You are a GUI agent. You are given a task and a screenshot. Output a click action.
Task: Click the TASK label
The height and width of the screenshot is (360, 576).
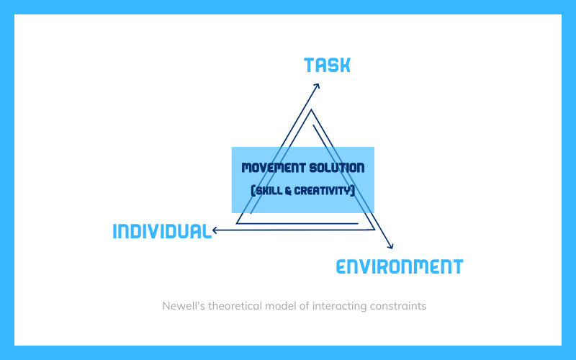click(328, 65)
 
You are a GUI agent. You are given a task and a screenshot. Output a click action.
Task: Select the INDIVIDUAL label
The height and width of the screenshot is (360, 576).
click(162, 231)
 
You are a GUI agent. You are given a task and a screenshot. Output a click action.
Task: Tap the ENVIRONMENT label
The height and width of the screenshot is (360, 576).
click(400, 266)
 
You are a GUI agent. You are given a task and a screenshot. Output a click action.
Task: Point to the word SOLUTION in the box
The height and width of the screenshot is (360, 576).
click(337, 168)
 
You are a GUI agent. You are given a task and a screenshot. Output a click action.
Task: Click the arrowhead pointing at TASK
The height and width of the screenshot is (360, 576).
click(317, 86)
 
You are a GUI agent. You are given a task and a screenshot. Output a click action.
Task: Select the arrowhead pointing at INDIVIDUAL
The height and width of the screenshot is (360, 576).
click(215, 230)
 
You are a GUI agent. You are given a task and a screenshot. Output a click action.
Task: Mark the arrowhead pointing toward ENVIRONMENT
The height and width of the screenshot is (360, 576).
click(391, 246)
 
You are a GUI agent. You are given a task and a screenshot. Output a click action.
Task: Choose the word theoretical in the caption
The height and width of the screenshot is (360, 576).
click(235, 306)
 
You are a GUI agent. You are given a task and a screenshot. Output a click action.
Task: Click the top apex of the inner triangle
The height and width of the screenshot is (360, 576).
click(311, 110)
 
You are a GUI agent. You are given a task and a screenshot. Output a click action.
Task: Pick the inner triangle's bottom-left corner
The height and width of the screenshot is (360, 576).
click(237, 223)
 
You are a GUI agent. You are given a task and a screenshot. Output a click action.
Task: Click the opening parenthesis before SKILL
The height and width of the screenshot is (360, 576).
click(253, 191)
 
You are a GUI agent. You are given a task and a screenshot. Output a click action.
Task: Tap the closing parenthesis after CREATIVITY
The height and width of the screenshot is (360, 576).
click(353, 191)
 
